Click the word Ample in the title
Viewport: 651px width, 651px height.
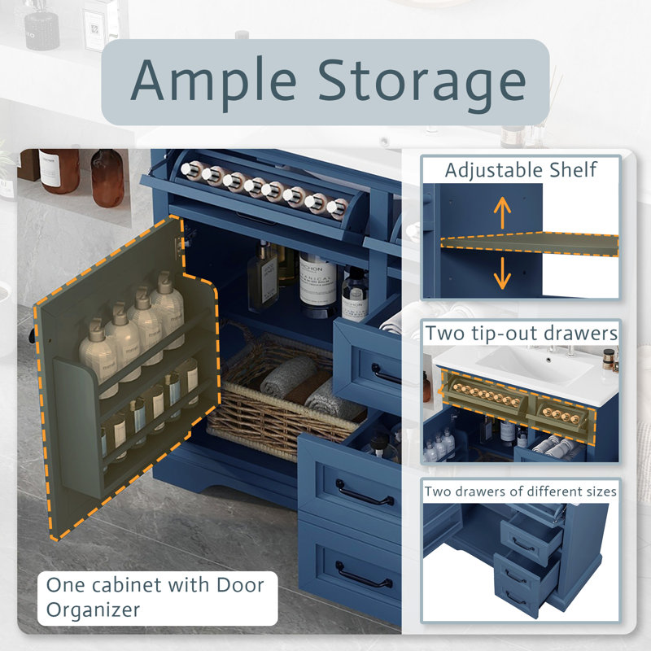(214, 83)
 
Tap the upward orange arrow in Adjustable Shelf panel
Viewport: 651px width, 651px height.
(502, 212)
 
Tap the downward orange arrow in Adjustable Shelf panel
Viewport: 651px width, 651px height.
(502, 273)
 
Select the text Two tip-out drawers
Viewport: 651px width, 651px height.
(522, 333)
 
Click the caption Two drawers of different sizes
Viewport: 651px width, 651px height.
(520, 492)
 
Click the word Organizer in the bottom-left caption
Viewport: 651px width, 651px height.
(94, 610)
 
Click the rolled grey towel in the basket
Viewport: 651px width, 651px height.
(290, 375)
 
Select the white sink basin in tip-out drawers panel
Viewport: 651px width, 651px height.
(535, 363)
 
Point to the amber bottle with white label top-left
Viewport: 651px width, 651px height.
(59, 171)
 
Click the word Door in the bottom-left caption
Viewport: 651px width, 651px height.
(240, 585)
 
